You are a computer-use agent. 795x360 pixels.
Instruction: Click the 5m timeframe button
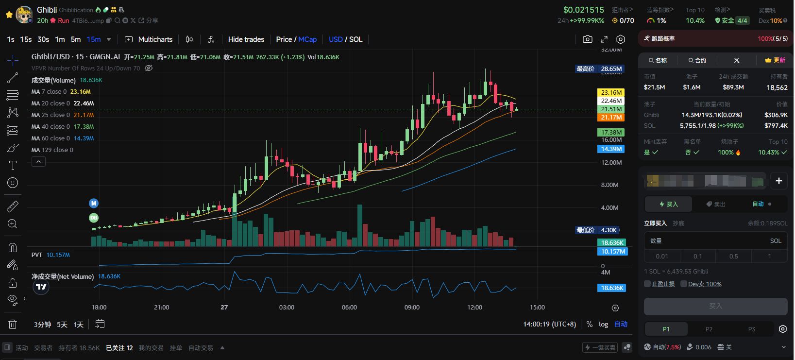tap(76, 39)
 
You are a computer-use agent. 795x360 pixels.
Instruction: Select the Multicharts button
tap(149, 39)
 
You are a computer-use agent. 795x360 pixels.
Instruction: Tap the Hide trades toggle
tap(246, 39)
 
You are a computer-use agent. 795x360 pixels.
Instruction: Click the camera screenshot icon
tap(588, 39)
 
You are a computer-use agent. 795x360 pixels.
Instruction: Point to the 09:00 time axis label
tap(412, 308)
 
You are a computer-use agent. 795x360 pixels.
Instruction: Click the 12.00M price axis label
tap(611, 162)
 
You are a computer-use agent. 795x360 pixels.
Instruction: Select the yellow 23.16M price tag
tap(611, 92)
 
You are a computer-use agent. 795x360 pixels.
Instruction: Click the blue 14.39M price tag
tap(611, 149)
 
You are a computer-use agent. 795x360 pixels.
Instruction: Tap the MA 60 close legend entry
tap(63, 138)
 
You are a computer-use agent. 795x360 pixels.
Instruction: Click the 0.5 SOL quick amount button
tap(733, 256)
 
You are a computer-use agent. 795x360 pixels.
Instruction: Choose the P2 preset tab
tap(709, 329)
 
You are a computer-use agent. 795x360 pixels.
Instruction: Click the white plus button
tap(778, 181)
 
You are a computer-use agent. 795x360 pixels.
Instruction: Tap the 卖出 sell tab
tap(716, 204)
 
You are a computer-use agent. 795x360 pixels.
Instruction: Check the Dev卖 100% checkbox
tap(684, 284)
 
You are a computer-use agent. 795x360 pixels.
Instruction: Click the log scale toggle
tap(603, 324)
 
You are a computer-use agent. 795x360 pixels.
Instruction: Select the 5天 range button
tap(62, 325)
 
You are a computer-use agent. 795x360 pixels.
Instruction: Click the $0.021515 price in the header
tap(583, 10)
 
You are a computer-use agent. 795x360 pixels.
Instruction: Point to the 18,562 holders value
tap(777, 87)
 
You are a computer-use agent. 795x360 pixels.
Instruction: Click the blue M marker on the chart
tap(94, 203)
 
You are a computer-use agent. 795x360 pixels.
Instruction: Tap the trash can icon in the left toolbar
tap(13, 324)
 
